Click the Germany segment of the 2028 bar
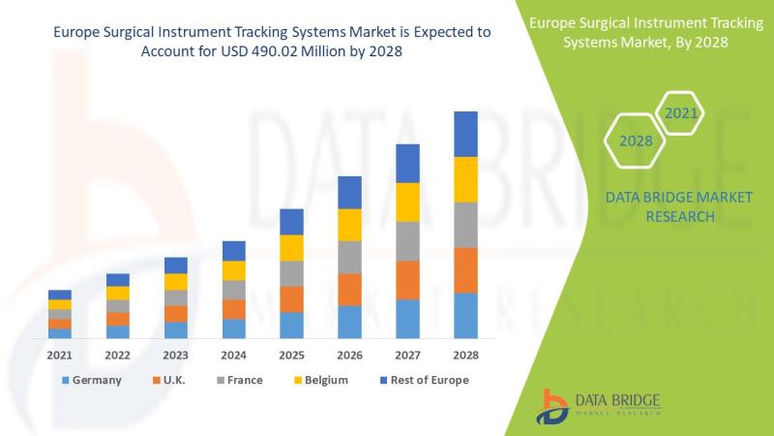466,315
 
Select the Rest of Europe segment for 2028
466,134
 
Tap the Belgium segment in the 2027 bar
408,202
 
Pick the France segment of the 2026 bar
350,257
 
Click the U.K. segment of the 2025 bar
292,299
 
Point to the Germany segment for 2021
60,333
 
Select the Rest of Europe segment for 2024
234,251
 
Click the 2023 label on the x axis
176,356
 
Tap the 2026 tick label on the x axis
350,356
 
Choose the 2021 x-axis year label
60,356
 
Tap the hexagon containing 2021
681,113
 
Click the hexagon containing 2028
636,140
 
